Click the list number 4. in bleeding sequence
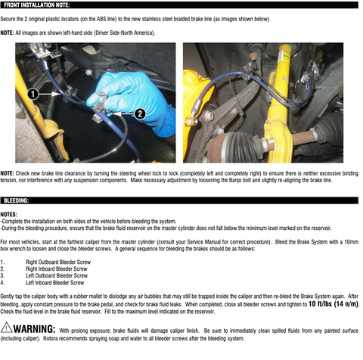[3, 282]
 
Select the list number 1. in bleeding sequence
[3, 262]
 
